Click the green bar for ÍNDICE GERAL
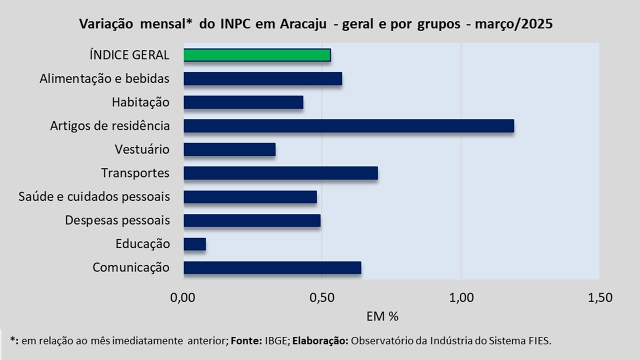[x=257, y=55]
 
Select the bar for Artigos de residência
[x=348, y=126]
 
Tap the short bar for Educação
[x=194, y=244]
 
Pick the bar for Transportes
[x=280, y=173]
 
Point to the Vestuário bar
[x=229, y=149]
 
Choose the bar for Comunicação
[x=272, y=267]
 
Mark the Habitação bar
[x=243, y=102]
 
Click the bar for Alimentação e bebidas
[x=262, y=78]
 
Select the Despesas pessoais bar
[x=252, y=220]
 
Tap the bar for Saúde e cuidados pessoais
[x=250, y=197]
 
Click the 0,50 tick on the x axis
[x=322, y=298]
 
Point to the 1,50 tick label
[x=599, y=298]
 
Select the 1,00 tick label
[x=461, y=298]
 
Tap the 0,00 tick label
[x=183, y=298]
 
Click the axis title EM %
[x=382, y=316]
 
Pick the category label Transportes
[x=135, y=173]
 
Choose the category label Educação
[x=142, y=244]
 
